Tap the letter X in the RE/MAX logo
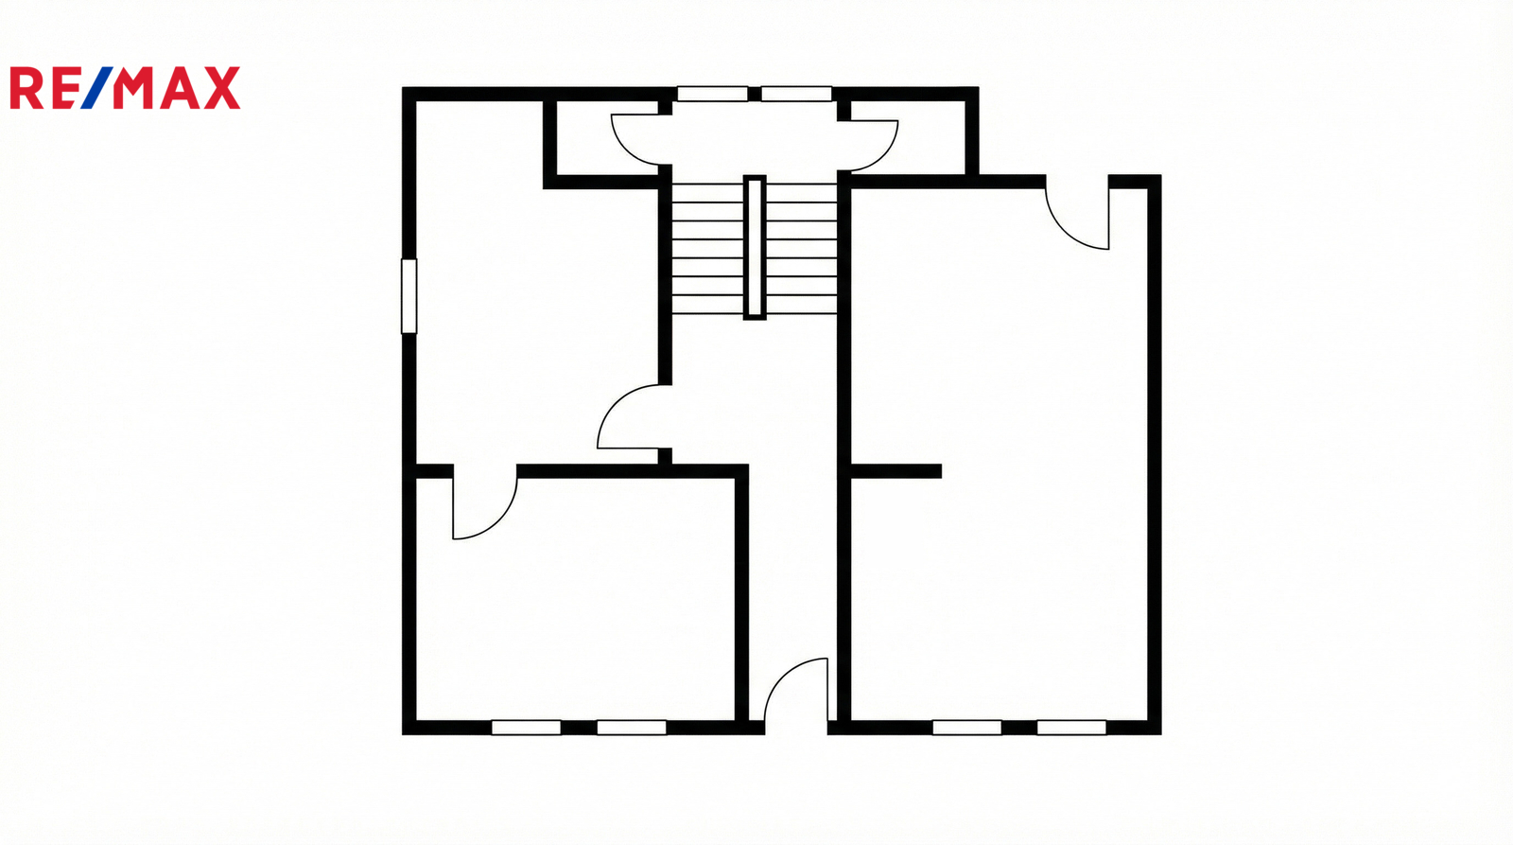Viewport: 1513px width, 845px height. (x=222, y=88)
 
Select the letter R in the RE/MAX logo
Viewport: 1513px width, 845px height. (x=26, y=88)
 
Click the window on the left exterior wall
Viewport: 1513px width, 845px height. (x=409, y=296)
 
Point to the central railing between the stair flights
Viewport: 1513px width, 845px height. (x=755, y=247)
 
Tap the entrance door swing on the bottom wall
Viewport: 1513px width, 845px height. (x=796, y=691)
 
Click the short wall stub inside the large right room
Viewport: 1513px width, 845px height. (x=896, y=471)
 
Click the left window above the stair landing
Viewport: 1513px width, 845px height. (x=713, y=94)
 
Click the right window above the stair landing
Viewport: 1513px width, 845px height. (x=796, y=94)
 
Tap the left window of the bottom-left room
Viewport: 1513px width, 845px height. (x=526, y=728)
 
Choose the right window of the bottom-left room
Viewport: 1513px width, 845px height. (x=632, y=728)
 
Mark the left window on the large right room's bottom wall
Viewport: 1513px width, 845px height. (x=967, y=728)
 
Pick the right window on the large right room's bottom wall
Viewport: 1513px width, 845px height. (x=1072, y=728)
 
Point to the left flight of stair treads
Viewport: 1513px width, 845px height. (x=707, y=249)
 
